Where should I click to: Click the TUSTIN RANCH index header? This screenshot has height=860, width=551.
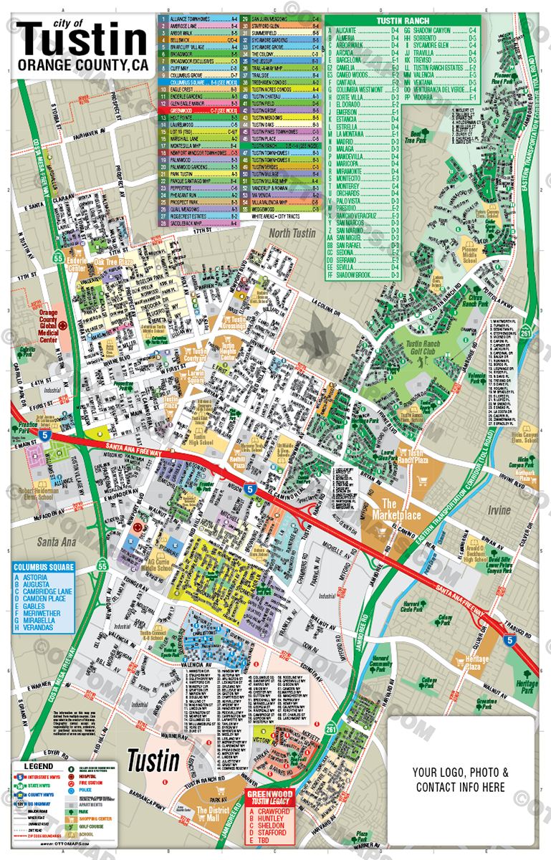402,21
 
